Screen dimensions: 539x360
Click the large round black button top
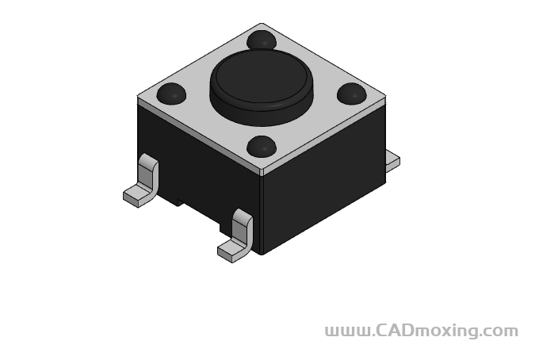261,79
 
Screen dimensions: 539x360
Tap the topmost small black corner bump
262,40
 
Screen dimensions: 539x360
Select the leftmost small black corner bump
171,94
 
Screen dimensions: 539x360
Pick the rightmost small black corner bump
351,94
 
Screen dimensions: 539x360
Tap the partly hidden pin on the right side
392,161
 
